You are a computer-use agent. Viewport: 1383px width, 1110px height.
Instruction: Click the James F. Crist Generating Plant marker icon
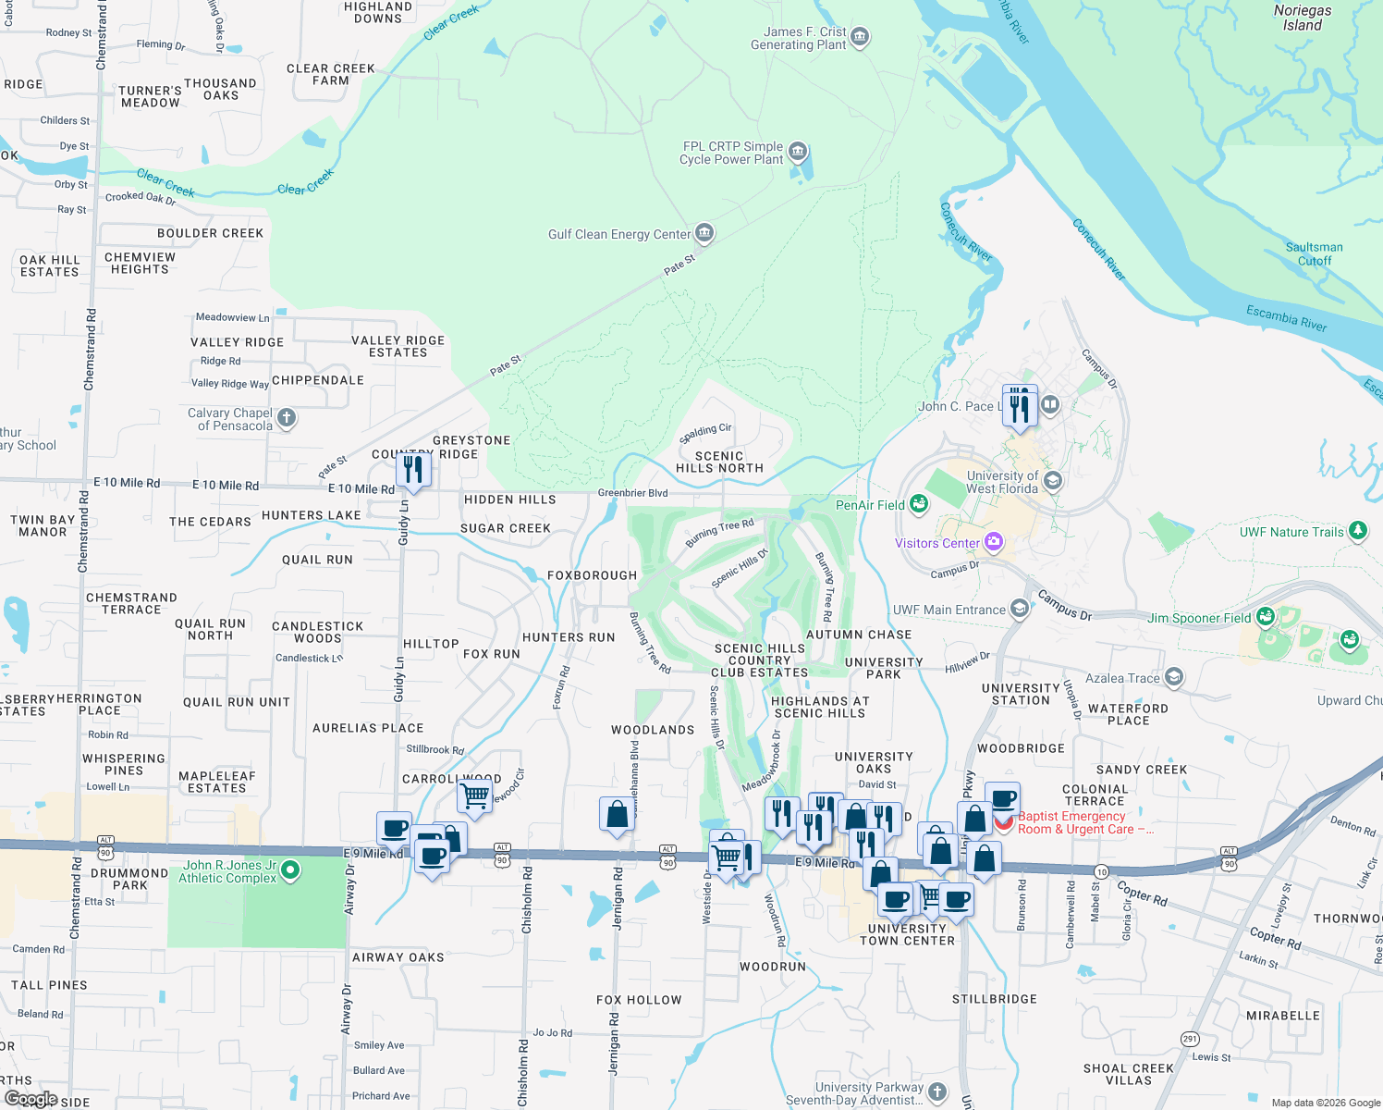coord(860,37)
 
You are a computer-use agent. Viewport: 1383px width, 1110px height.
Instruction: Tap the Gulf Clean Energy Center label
coord(618,234)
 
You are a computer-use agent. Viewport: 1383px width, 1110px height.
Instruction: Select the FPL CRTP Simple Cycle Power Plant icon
coord(798,152)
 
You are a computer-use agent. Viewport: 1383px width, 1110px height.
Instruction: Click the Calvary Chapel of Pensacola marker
coord(287,418)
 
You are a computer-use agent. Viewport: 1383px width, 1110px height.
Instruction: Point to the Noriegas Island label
coord(1302,18)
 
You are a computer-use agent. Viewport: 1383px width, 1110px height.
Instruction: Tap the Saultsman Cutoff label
coord(1314,253)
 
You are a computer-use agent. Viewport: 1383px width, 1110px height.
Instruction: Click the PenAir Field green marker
coord(918,503)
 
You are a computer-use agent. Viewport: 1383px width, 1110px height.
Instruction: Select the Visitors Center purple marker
coord(994,542)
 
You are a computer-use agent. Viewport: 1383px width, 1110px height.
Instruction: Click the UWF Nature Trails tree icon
coord(1357,531)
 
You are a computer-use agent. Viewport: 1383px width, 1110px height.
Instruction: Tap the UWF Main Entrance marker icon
coord(1019,608)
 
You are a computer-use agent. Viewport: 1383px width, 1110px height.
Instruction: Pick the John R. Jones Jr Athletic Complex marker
coord(290,869)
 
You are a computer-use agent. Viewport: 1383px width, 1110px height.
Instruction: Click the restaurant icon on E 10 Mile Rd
coord(412,470)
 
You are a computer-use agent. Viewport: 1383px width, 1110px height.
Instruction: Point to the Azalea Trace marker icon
coord(1173,677)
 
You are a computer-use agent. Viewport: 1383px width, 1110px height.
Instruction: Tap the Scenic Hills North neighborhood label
coord(719,462)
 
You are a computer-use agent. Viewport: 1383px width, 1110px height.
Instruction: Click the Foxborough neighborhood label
coord(592,575)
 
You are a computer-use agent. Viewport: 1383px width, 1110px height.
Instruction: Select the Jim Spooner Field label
coord(1198,618)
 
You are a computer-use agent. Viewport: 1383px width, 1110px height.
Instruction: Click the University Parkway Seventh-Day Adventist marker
coord(936,1091)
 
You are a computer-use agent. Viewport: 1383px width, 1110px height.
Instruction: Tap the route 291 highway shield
coord(1190,1039)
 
